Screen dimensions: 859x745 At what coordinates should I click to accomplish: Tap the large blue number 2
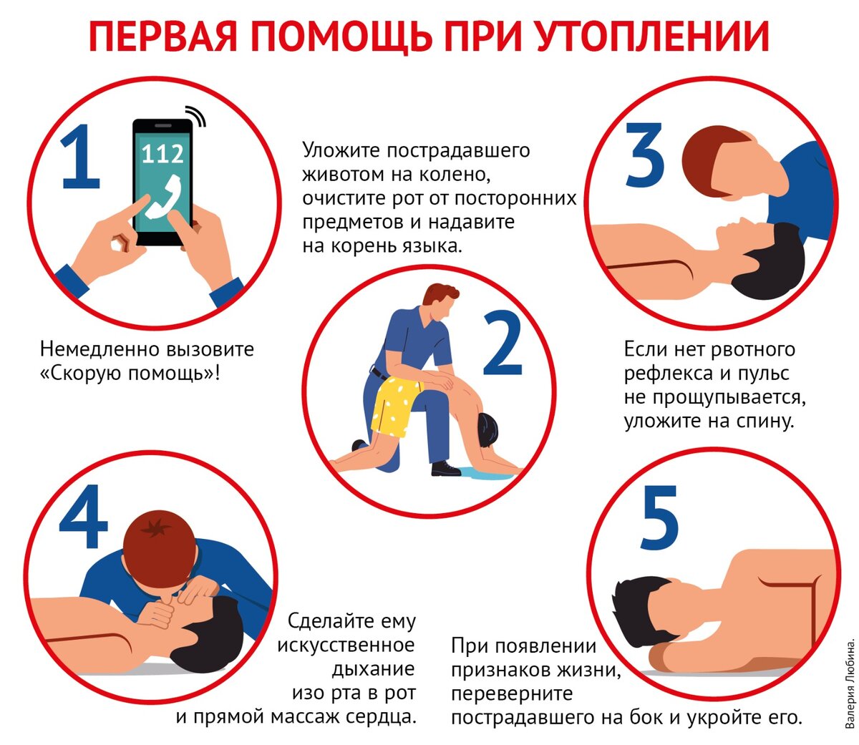point(502,342)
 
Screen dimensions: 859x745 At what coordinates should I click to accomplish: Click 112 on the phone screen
point(162,154)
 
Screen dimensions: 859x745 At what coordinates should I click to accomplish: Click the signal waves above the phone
point(196,115)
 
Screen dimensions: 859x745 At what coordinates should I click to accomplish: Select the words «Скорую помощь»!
point(130,373)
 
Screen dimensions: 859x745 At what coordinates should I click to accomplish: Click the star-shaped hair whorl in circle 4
point(155,529)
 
